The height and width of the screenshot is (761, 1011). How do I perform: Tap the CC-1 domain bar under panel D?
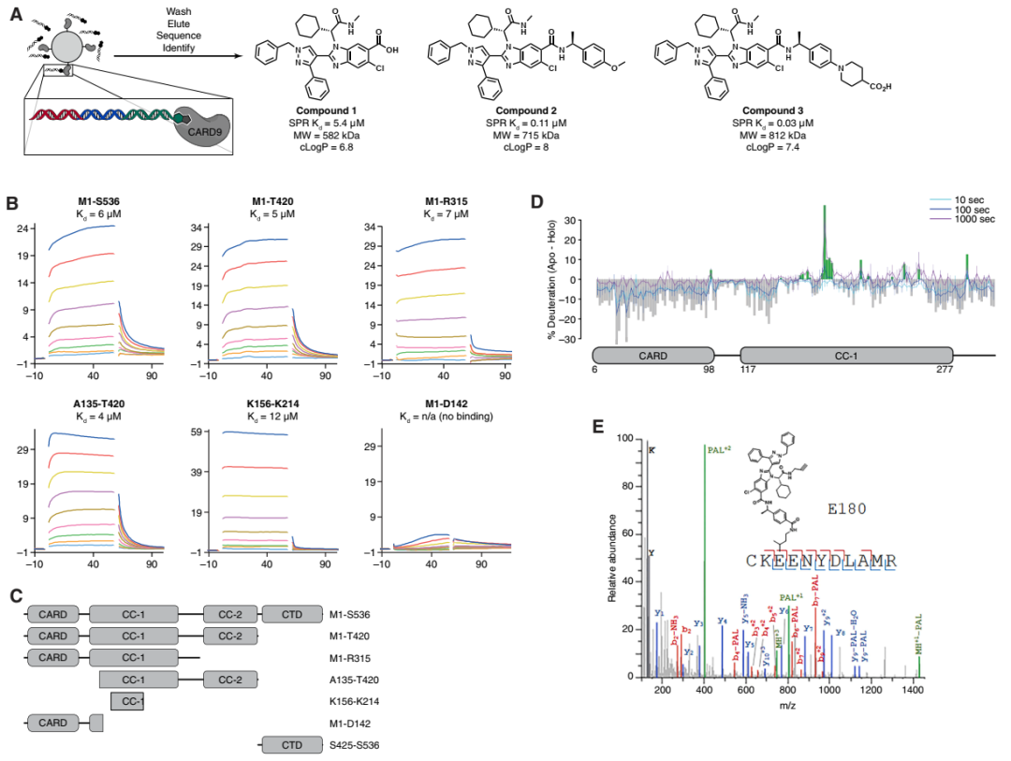click(846, 356)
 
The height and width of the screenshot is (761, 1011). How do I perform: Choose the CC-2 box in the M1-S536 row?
click(229, 615)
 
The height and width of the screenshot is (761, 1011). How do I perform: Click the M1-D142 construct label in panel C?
click(353, 724)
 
